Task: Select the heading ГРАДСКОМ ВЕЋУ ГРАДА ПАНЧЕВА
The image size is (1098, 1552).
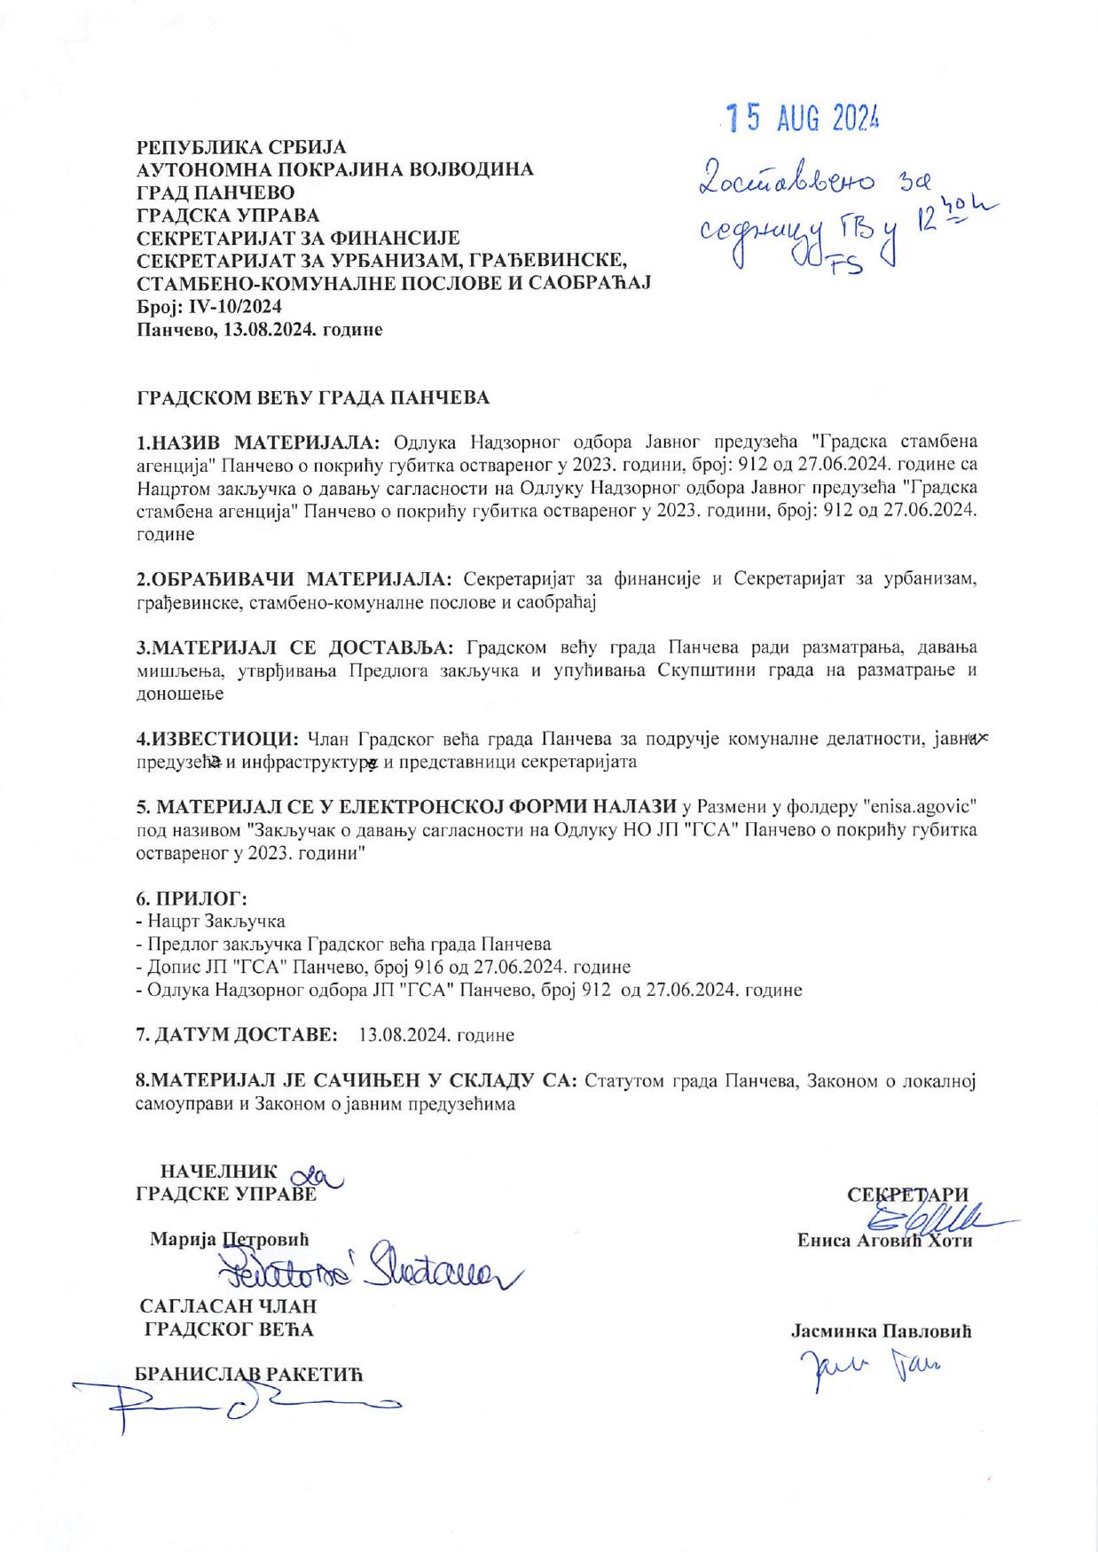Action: click(312, 397)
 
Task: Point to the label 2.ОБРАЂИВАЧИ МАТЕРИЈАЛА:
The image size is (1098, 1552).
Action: click(294, 580)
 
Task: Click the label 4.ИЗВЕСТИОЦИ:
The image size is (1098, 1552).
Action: click(216, 739)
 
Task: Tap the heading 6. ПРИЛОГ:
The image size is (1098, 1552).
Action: click(191, 898)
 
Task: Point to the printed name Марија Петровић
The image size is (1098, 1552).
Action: click(230, 1238)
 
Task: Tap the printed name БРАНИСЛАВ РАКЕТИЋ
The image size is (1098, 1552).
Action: click(249, 1374)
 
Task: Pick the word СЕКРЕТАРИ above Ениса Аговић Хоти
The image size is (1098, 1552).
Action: click(907, 1194)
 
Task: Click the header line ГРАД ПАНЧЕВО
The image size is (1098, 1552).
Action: click(216, 192)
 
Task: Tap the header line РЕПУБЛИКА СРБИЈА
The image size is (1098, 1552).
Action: click(240, 146)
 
